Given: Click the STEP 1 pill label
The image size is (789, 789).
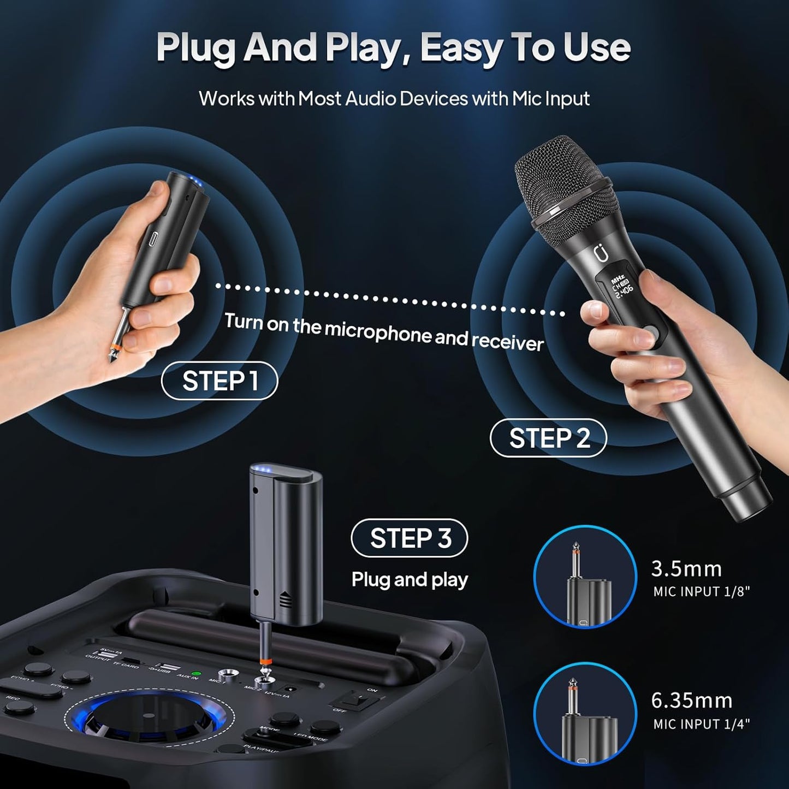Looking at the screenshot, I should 220,381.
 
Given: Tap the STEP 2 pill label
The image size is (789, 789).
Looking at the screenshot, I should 548,438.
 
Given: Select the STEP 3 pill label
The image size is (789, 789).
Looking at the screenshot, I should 410,538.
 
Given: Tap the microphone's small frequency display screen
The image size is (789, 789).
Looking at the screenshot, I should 621,283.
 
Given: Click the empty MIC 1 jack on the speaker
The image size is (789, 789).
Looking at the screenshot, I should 226,674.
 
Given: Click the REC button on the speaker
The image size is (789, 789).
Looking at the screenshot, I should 20,708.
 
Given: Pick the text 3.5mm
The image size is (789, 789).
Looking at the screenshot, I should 686,569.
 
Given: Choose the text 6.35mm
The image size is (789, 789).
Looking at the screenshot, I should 691,701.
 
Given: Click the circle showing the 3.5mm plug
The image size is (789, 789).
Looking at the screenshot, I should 585,577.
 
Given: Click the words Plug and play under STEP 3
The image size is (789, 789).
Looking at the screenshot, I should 410,579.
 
